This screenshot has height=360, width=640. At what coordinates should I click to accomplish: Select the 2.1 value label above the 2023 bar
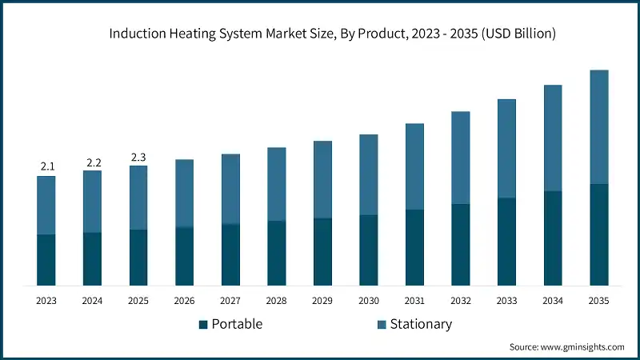46,166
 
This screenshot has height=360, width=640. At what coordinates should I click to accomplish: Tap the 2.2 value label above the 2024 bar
93,162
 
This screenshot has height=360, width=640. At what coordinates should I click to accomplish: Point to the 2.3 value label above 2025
138,157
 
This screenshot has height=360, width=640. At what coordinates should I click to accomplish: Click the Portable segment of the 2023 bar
46,260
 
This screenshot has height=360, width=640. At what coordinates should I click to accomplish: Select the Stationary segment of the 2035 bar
599,126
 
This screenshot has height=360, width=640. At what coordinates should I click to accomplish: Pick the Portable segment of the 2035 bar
599,234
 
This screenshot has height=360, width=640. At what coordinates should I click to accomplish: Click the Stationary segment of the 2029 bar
322,179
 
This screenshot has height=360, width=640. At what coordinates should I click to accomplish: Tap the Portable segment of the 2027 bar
230,254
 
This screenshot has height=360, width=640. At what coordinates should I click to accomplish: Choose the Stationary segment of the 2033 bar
506,148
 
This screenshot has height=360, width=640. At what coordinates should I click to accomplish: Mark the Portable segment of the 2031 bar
414,247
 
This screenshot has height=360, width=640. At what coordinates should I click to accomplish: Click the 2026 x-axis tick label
184,301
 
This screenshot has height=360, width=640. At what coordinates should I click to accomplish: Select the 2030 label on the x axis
369,301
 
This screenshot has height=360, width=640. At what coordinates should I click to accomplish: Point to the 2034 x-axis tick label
553,301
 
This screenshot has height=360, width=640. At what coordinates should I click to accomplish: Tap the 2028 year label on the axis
277,301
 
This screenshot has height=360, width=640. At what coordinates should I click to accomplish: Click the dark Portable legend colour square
203,324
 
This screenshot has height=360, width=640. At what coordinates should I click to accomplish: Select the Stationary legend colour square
381,324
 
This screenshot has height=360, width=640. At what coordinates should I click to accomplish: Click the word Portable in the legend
237,324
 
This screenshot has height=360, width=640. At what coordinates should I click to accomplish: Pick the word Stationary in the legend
421,324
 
